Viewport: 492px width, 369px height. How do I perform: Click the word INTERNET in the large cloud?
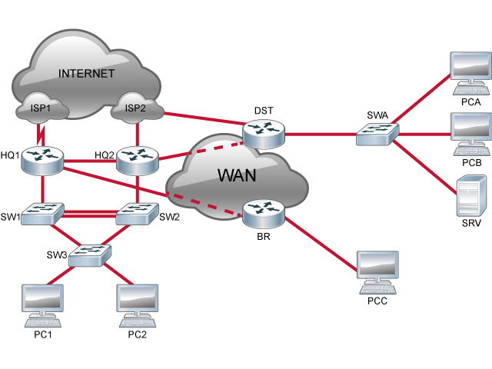[x=86, y=74]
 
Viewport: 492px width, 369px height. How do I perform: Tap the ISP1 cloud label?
[x=41, y=108]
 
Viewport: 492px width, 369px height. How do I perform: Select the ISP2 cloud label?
[x=135, y=108]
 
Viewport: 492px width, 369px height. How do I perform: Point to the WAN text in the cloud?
[x=237, y=175]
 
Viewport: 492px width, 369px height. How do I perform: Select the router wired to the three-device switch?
[x=263, y=133]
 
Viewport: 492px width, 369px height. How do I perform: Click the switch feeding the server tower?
[x=377, y=135]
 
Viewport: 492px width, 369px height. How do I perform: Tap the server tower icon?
[x=471, y=195]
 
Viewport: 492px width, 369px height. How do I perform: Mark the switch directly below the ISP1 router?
[x=42, y=214]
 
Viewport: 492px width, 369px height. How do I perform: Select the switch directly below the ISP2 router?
[x=138, y=214]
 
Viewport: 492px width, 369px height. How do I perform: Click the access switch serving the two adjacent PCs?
[x=89, y=255]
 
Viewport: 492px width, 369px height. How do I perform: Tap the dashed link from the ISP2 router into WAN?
[x=200, y=149]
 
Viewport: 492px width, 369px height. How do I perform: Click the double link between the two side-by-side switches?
[x=90, y=213]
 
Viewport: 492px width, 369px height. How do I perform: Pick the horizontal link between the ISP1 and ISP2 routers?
[x=90, y=161]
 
